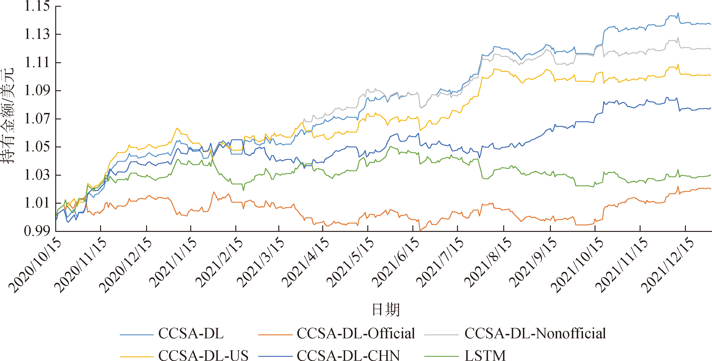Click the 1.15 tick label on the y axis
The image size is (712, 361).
tap(37, 6)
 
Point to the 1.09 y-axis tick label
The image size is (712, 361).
tap(37, 90)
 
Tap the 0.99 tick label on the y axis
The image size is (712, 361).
tap(37, 231)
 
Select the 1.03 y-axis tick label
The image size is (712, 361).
tap(37, 174)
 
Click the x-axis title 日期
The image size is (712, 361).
tap(386, 310)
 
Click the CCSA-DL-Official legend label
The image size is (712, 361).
tap(356, 333)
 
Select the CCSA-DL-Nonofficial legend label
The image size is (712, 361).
tap(535, 333)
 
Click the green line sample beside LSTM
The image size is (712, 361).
tap(441, 356)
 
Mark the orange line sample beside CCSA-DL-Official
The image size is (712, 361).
tap(275, 334)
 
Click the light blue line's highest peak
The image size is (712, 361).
tap(678, 13)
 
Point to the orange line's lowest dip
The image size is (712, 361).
tap(420, 230)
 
